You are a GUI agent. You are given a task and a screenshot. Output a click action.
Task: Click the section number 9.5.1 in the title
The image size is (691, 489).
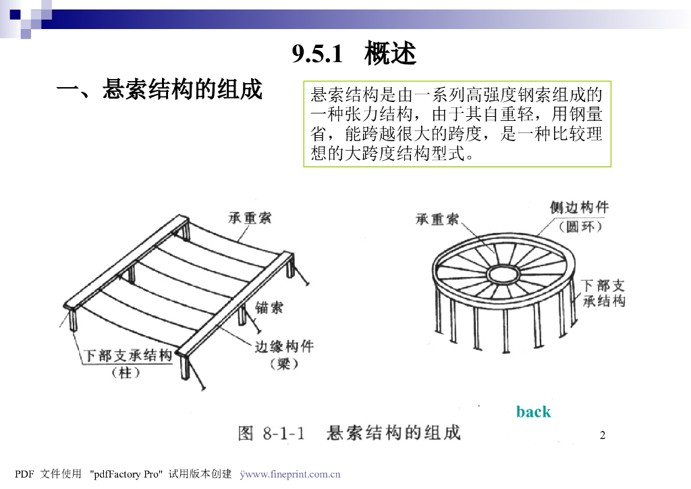tap(317, 54)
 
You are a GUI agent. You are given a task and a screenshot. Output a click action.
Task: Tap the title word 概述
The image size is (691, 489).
tap(391, 53)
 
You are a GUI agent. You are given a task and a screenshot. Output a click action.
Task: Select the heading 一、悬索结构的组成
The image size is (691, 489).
tap(159, 90)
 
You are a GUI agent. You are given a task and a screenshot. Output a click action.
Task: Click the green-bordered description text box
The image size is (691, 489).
tap(457, 124)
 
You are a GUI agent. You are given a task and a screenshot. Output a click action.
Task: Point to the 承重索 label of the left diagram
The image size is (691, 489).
tap(250, 218)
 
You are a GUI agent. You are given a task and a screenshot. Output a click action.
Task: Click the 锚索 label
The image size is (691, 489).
tap(269, 307)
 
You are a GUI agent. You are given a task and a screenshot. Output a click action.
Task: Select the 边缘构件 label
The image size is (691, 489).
tap(284, 346)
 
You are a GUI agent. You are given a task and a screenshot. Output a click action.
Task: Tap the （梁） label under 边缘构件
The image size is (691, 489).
tap(284, 364)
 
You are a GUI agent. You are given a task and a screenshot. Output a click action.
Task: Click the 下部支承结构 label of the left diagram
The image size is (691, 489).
tap(128, 355)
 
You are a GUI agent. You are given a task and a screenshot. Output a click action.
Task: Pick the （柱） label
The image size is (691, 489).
tap(126, 373)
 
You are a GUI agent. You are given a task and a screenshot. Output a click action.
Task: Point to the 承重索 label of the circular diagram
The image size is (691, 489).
tap(437, 219)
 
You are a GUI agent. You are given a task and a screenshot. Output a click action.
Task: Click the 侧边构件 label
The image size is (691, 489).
tap(579, 207)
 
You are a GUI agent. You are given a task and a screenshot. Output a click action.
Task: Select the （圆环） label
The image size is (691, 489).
tap(580, 227)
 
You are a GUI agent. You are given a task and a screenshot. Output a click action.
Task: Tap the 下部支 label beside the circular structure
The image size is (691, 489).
tap(603, 285)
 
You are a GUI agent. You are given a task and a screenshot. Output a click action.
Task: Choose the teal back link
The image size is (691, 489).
tap(533, 412)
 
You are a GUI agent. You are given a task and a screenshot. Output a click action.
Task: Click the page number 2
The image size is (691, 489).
tap(603, 435)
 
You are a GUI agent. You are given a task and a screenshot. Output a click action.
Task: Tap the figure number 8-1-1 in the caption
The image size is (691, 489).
tap(284, 434)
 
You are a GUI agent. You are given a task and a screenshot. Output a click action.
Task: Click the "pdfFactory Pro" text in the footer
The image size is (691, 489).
tap(126, 474)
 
